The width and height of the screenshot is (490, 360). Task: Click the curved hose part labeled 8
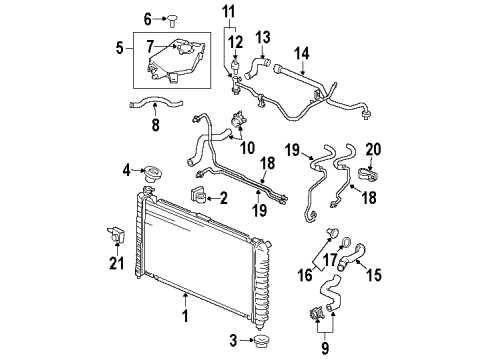(150, 102)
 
